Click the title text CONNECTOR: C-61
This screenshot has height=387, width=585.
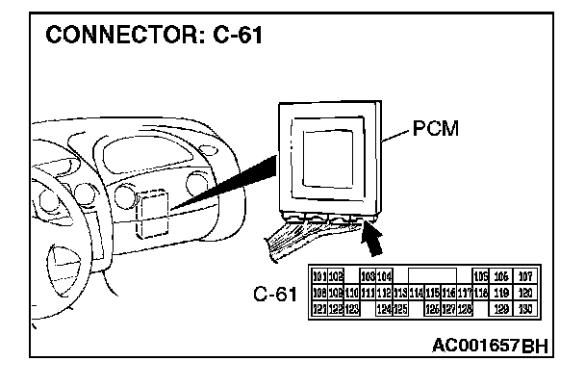click(x=151, y=38)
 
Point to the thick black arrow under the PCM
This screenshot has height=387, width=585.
click(x=373, y=235)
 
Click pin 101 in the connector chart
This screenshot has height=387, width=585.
click(x=320, y=275)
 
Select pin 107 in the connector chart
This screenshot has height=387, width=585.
click(x=525, y=275)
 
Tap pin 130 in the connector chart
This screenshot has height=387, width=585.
click(x=525, y=308)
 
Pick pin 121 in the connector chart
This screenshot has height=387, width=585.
click(x=320, y=308)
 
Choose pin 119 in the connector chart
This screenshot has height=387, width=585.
click(x=501, y=292)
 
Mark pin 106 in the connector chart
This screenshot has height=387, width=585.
click(x=501, y=275)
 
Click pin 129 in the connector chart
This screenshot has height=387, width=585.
click(x=501, y=308)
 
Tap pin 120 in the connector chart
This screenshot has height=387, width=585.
click(x=525, y=292)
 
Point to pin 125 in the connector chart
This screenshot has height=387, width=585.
click(x=401, y=308)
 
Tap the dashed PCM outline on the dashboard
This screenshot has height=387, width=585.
click(x=151, y=213)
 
